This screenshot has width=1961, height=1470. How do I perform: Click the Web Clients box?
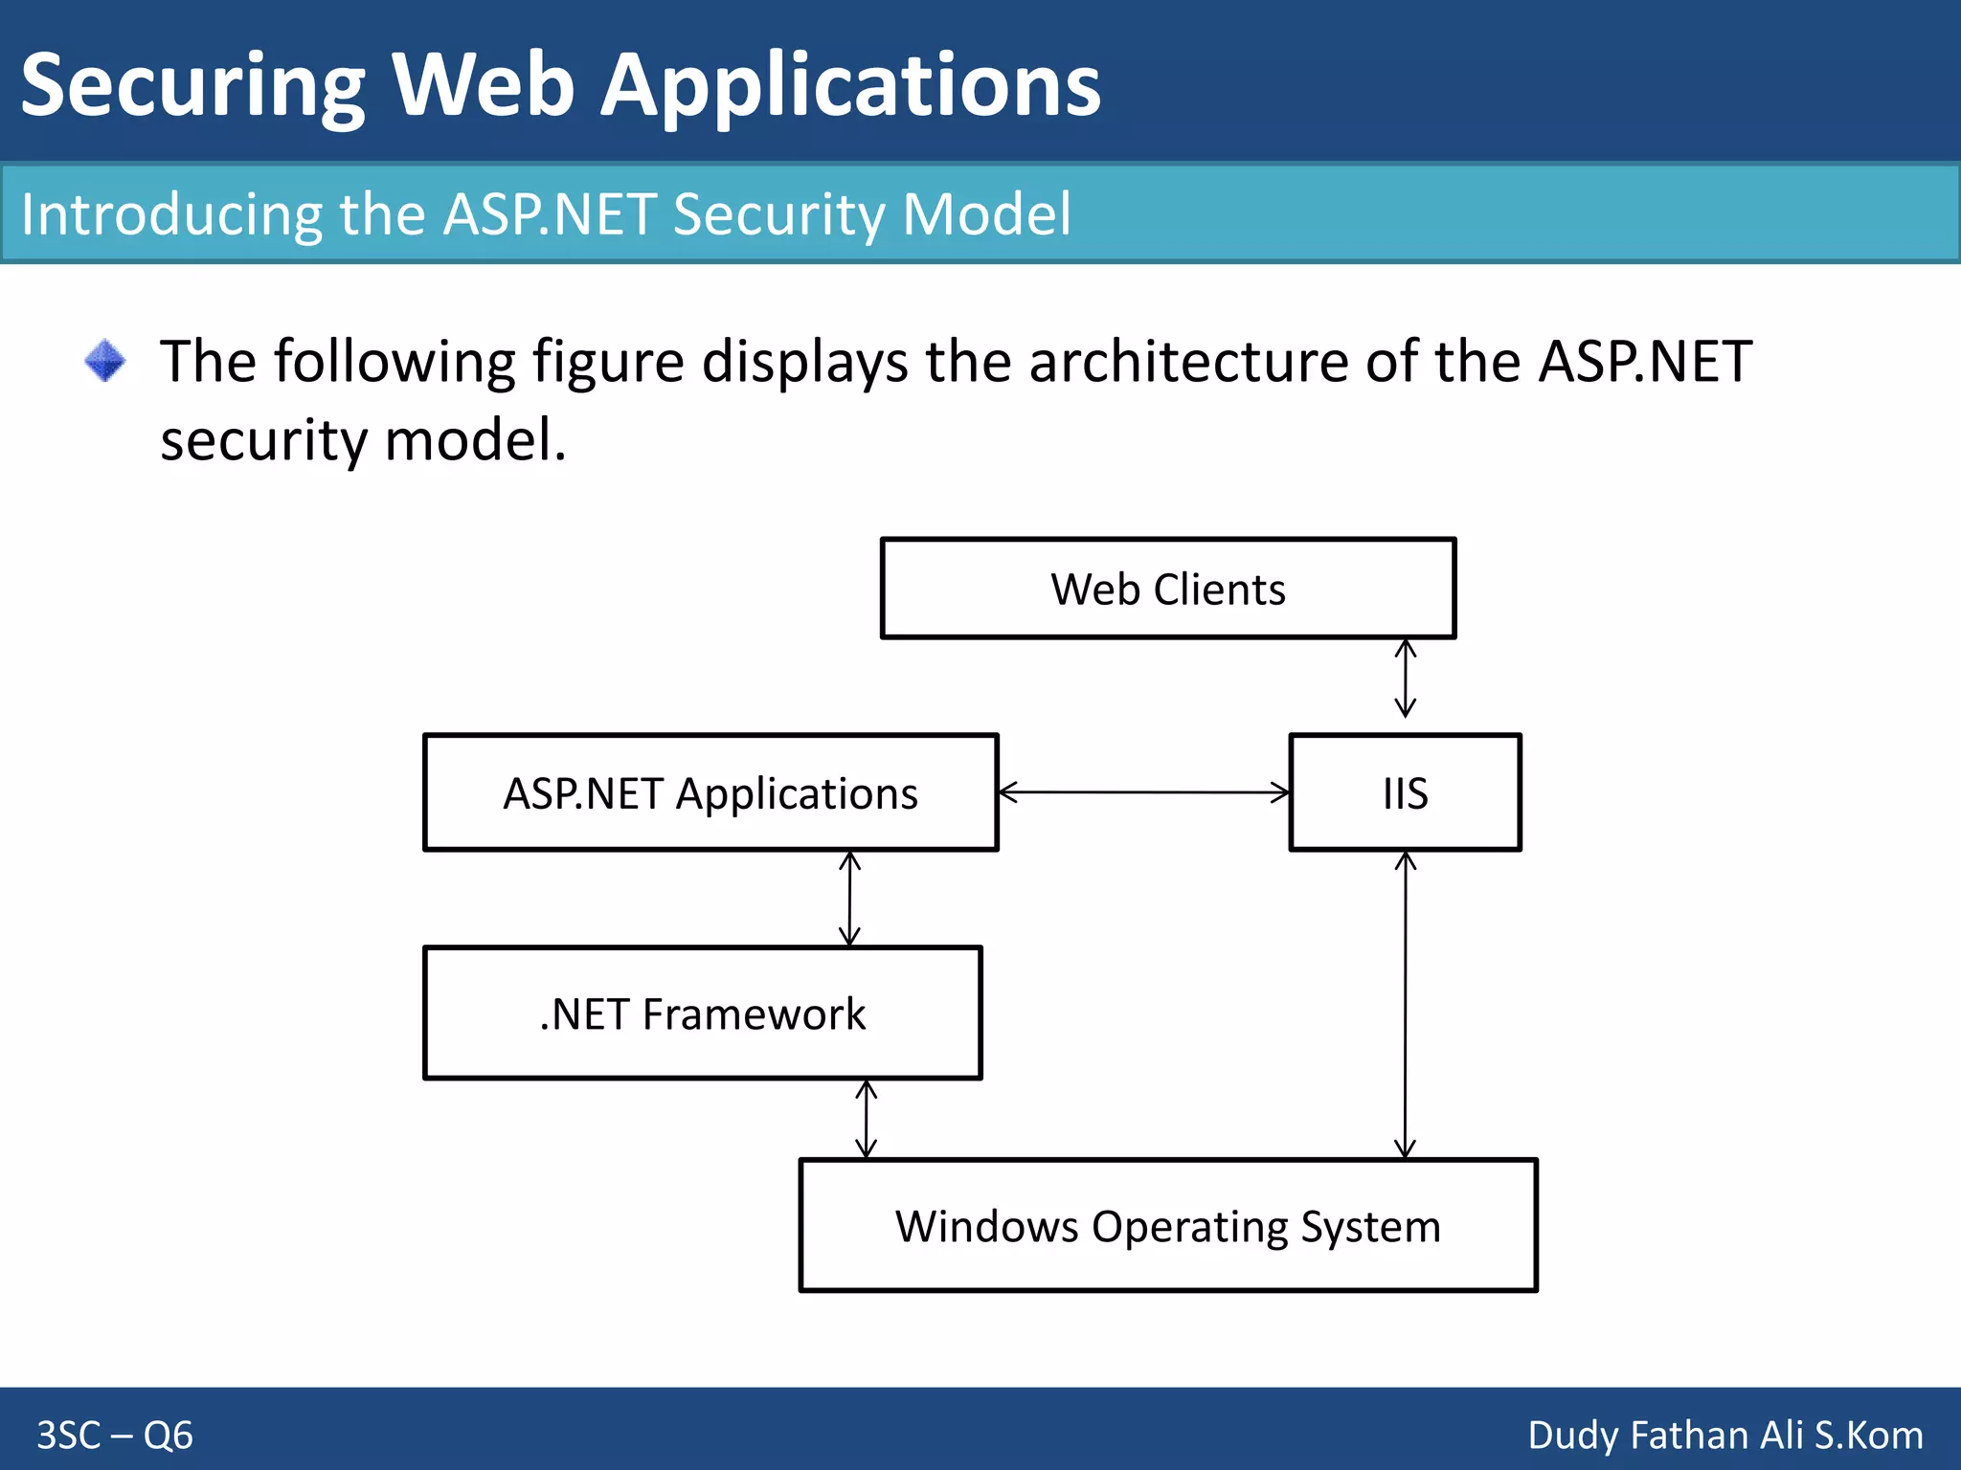(x=1167, y=588)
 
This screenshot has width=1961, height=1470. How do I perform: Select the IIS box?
(x=1405, y=792)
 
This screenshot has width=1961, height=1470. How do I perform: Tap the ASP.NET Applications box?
(x=710, y=792)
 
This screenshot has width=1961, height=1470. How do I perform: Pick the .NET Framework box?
(x=702, y=1013)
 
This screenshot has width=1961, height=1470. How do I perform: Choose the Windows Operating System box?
(x=1167, y=1226)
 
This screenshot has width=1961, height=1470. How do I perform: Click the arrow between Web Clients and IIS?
(x=1405, y=679)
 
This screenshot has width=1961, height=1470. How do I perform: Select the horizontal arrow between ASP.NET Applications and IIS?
(x=1143, y=792)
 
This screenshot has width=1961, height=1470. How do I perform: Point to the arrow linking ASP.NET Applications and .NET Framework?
(x=849, y=899)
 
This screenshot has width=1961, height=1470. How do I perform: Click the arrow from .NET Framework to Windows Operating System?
(x=866, y=1119)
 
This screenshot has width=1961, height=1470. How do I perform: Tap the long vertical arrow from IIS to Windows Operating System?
(x=1405, y=1005)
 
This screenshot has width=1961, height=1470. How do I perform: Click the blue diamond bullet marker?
(x=104, y=361)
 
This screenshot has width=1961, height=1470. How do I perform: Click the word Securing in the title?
(x=192, y=86)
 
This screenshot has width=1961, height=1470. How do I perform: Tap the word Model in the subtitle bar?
(x=986, y=213)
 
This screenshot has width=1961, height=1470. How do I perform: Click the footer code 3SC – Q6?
(x=115, y=1435)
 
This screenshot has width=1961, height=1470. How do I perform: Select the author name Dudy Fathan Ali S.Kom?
(x=1724, y=1435)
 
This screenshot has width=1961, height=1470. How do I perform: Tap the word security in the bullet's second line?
(x=263, y=440)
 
